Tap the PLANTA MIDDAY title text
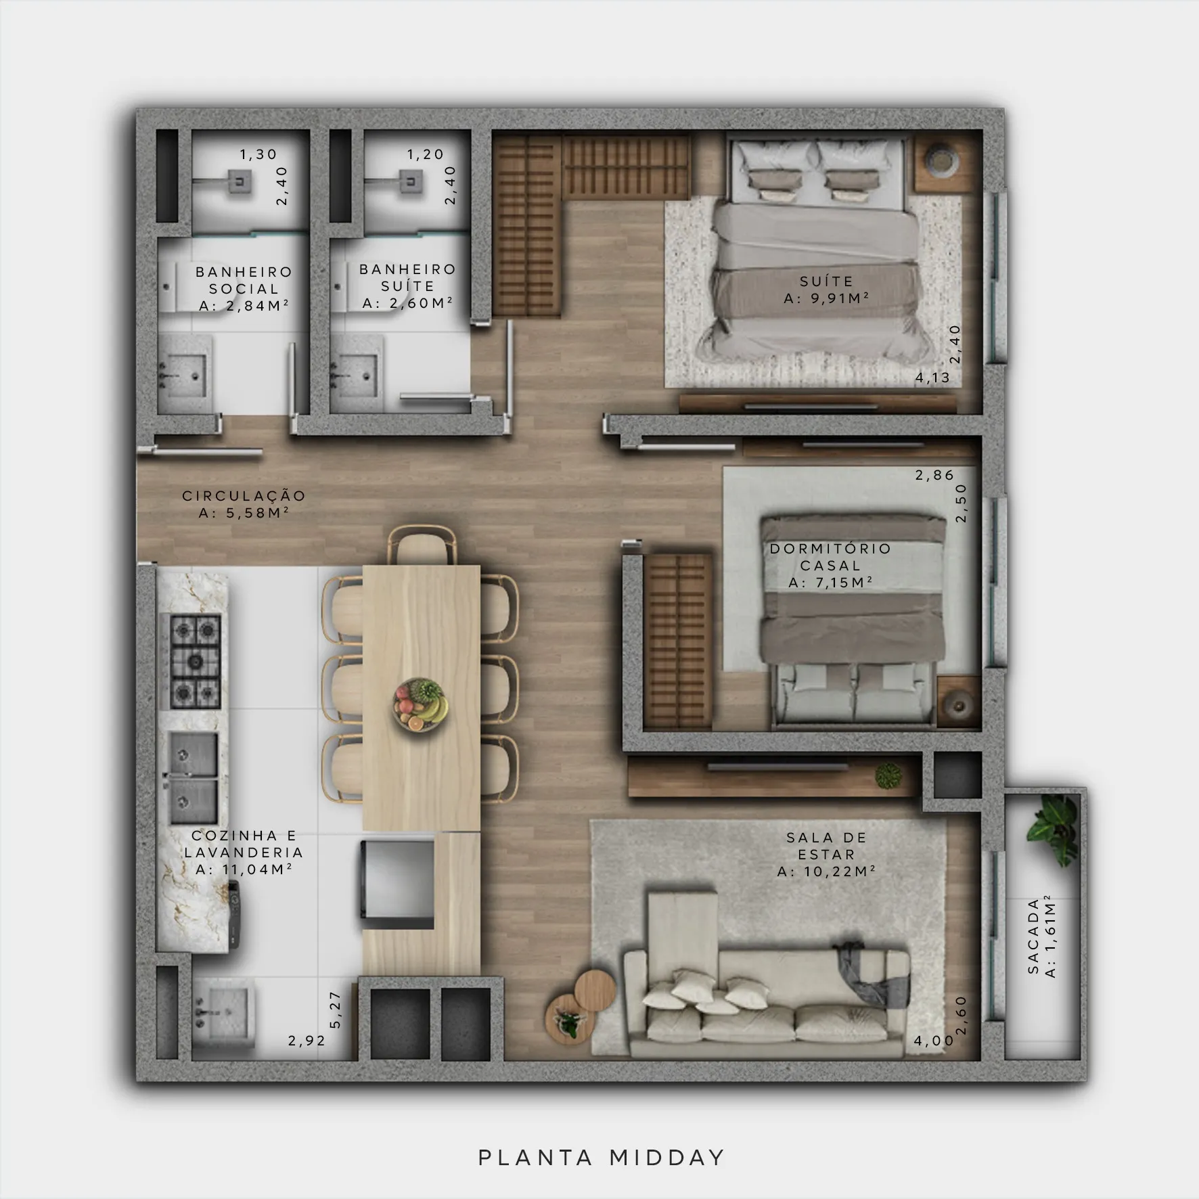[x=602, y=1158]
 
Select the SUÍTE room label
[x=826, y=281]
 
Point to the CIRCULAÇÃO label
[x=244, y=495]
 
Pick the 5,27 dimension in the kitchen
[x=336, y=1010]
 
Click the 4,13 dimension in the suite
[x=933, y=378]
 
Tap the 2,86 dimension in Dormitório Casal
[x=934, y=475]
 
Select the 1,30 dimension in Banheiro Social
[x=258, y=154]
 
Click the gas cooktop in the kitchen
[x=195, y=661]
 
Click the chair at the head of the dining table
[x=422, y=545]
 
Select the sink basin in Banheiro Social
[x=183, y=374]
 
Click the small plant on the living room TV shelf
[x=888, y=775]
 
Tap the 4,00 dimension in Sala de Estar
[x=933, y=1041]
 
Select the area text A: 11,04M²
[x=244, y=869]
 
